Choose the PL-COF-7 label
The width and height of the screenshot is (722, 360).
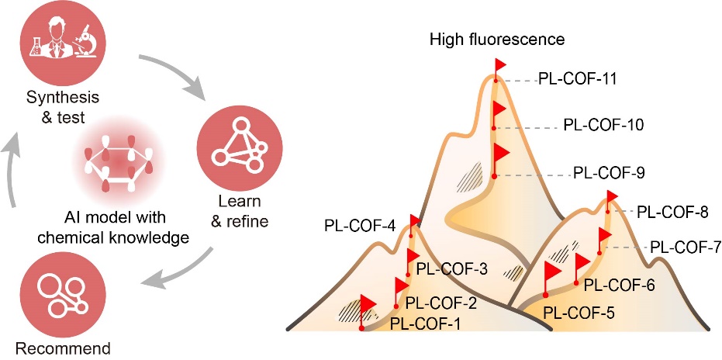coord(686,247)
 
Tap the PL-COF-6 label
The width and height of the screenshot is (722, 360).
coord(619,285)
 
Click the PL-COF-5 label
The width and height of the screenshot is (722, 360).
coord(579,314)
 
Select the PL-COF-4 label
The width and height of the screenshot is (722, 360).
coord(360,228)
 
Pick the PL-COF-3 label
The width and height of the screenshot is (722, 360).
coord(451,269)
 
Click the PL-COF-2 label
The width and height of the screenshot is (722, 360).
coord(441,303)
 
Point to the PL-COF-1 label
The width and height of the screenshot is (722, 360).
coord(425,321)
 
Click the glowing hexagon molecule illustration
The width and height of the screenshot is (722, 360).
coord(129,165)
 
